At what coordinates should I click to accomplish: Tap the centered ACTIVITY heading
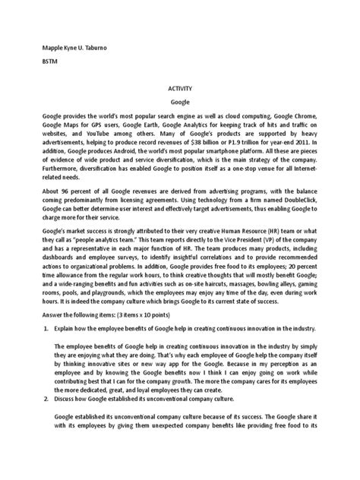(x=180, y=88)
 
